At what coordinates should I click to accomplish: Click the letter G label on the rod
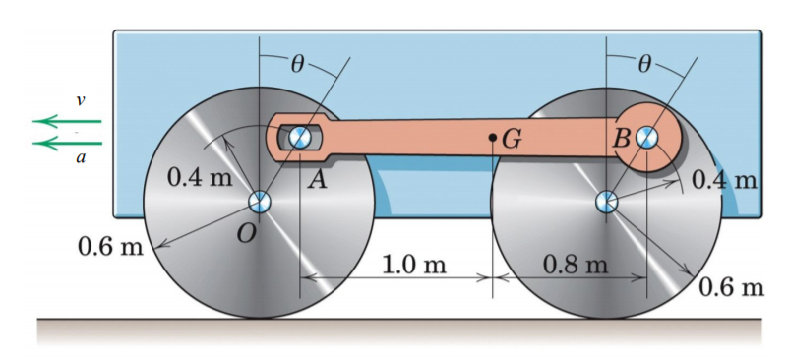point(512,140)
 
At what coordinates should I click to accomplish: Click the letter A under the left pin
point(317,177)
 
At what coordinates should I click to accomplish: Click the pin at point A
point(300,135)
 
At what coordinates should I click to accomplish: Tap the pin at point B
point(646,137)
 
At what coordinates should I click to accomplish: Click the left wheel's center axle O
point(259,203)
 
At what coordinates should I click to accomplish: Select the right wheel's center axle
point(606,203)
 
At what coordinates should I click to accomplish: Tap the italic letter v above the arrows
point(81,100)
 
